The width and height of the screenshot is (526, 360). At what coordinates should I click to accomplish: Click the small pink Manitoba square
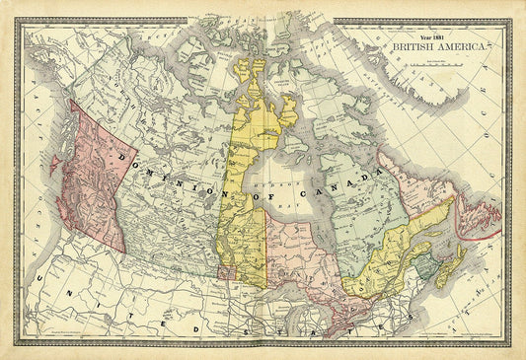226,267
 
